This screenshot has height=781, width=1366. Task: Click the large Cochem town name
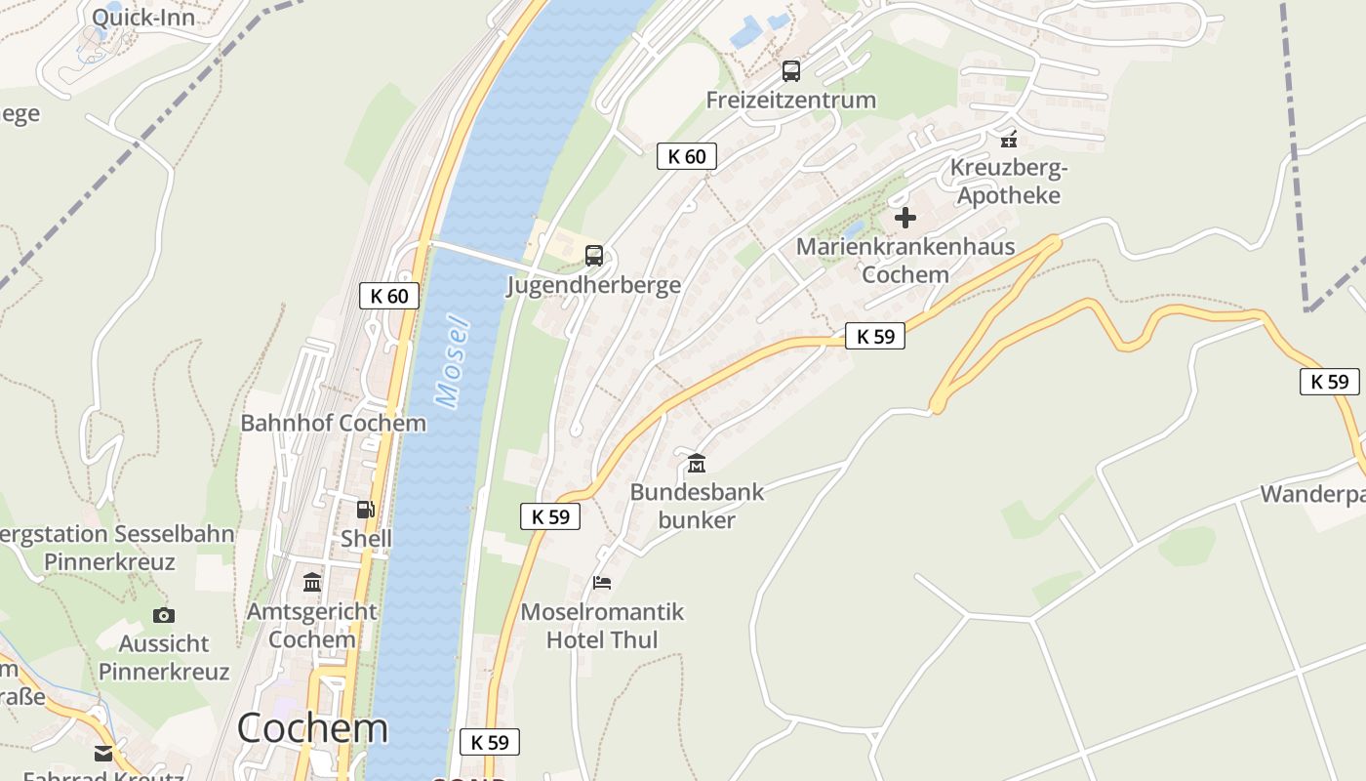click(312, 728)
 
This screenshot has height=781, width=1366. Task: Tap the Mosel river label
click(452, 361)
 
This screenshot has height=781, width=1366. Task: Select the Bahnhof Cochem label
click(333, 423)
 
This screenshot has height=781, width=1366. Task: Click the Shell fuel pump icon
click(365, 510)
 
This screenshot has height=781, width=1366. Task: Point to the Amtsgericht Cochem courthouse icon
click(312, 583)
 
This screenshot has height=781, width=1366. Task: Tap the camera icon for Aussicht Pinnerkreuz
click(164, 615)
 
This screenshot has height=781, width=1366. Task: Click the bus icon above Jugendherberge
click(593, 256)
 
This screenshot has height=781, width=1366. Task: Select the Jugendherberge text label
click(593, 285)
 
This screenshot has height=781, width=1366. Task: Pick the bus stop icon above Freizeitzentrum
click(790, 71)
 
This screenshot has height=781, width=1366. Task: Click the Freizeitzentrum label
click(790, 100)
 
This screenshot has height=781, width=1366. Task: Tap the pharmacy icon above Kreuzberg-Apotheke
click(1009, 139)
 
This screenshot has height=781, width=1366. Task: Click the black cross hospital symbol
click(905, 218)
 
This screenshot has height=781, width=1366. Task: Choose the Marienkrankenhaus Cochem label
click(905, 261)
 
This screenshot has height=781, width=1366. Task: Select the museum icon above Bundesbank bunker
click(697, 463)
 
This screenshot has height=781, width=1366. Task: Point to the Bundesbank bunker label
click(697, 506)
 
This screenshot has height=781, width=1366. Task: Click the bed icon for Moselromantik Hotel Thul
click(602, 583)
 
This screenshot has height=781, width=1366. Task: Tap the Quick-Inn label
click(143, 17)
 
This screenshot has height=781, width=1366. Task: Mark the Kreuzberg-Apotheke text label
click(1009, 182)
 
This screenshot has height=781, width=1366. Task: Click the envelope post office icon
click(103, 753)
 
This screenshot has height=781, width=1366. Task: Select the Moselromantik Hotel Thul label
click(602, 626)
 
